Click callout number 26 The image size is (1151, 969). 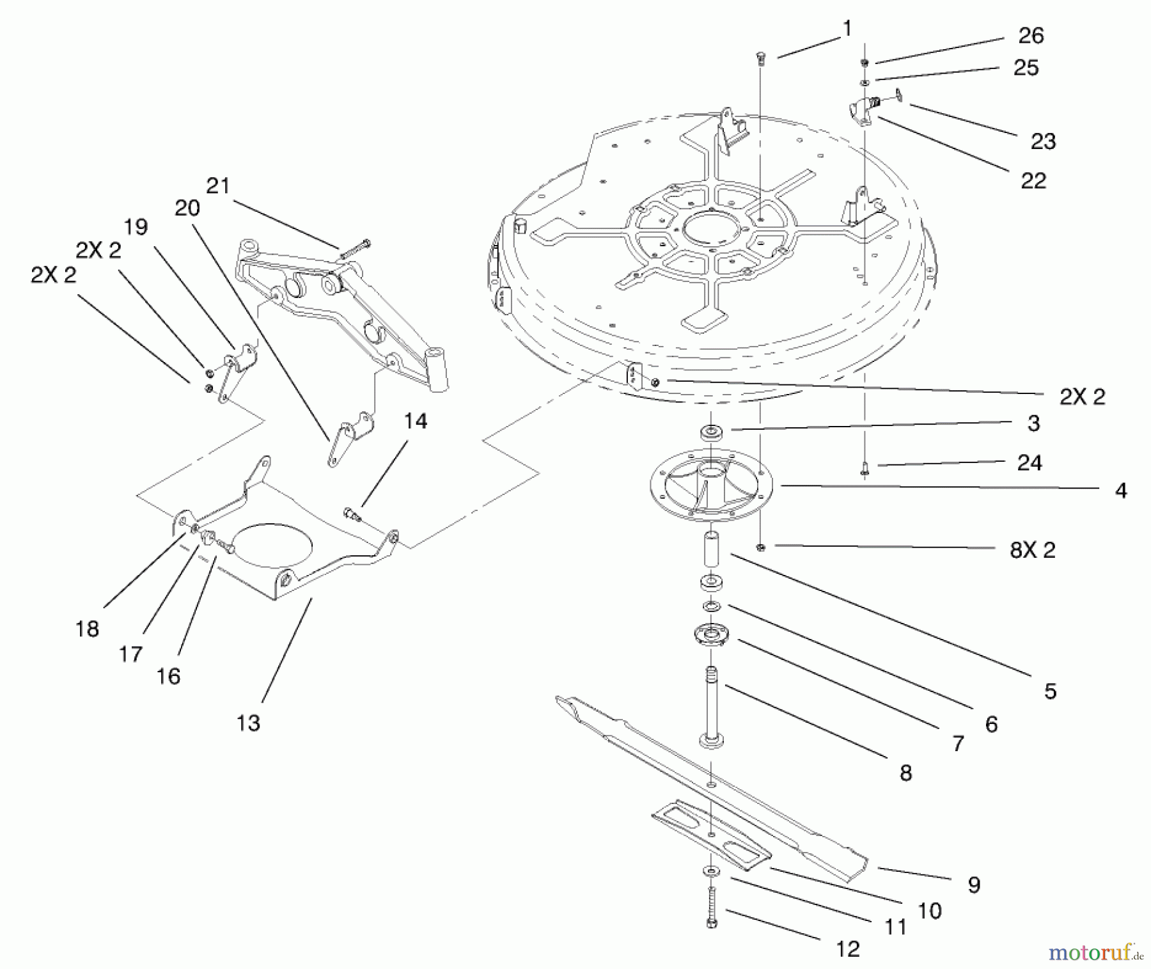click(1031, 35)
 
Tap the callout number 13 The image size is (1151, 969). click(248, 723)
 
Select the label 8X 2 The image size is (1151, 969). click(1033, 550)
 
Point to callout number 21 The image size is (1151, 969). click(217, 185)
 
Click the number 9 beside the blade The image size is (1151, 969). click(974, 885)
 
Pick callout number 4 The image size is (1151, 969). click(1120, 491)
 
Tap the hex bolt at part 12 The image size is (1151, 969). click(712, 907)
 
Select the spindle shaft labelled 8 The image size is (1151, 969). click(711, 707)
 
